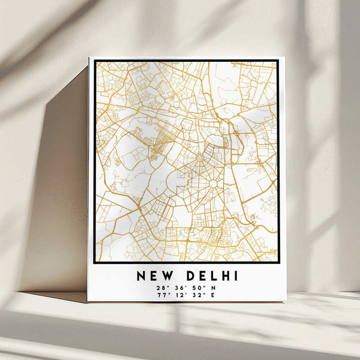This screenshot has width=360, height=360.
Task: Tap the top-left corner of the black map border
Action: coord(95,61)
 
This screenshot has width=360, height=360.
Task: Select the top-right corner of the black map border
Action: coord(278,60)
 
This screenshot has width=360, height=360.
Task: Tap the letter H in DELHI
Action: coord(224,276)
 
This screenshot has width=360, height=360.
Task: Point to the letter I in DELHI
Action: coord(236,276)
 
